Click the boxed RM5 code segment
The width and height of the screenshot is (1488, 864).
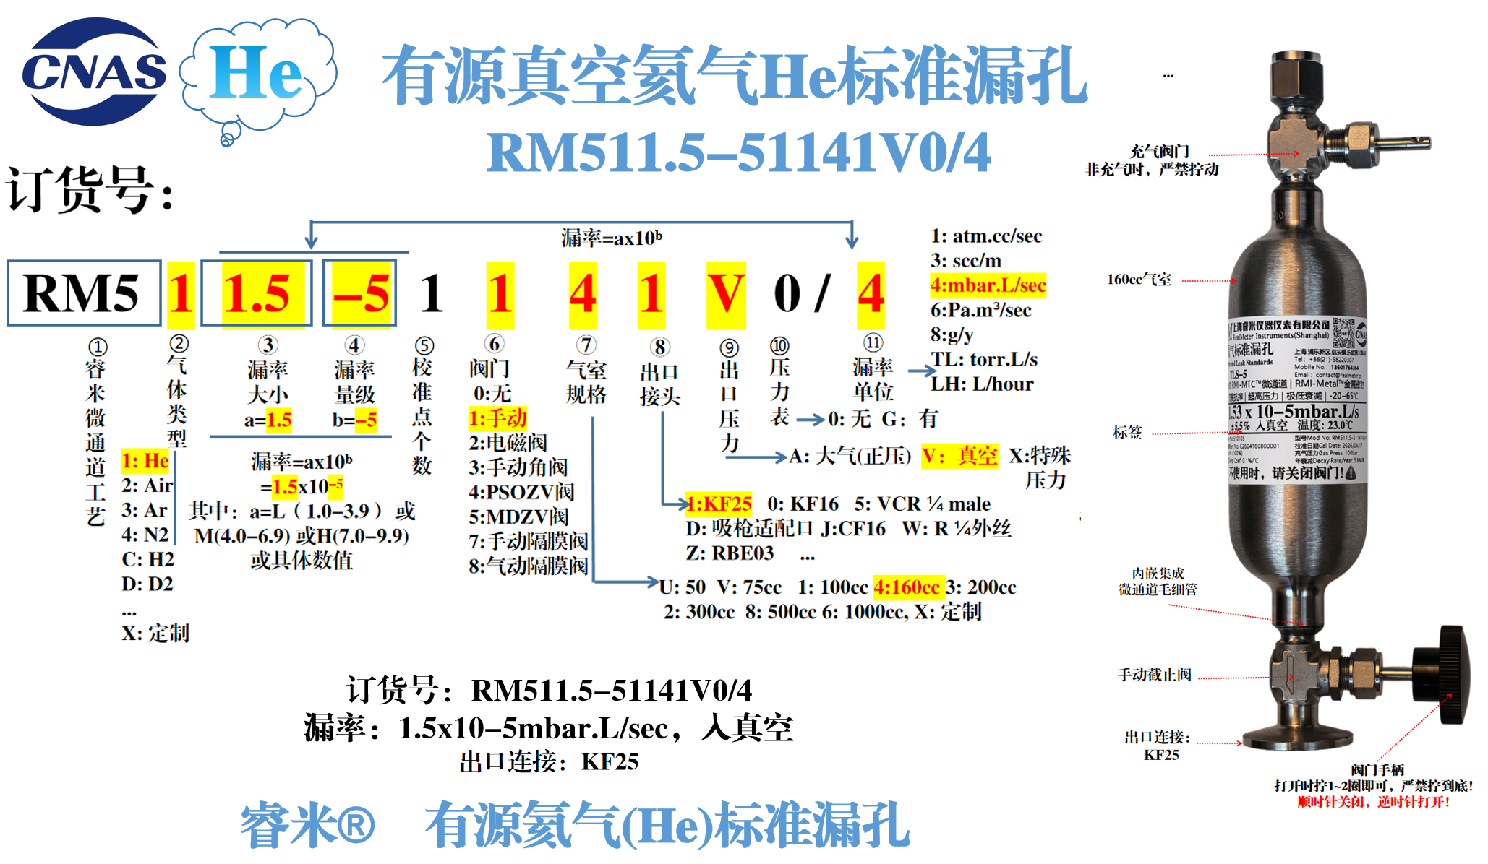point(83,293)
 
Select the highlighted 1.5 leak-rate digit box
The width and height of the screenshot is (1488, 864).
point(257,293)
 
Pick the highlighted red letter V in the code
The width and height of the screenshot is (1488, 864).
point(725,293)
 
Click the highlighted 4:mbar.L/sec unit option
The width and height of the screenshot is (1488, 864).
point(988,285)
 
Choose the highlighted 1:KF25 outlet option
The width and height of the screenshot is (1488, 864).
point(719,504)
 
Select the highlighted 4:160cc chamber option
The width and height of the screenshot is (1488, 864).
point(908,587)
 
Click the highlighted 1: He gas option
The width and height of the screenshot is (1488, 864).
point(145,461)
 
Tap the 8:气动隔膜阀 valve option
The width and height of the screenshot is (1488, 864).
point(528,566)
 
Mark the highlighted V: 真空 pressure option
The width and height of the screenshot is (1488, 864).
point(959,456)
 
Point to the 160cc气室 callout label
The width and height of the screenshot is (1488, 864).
point(1139,280)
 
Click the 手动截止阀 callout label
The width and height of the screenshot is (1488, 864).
point(1154,675)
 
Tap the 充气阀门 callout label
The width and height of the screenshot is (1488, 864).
point(1159,152)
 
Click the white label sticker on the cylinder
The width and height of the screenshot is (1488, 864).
point(1296,401)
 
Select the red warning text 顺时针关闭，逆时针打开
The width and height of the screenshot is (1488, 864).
point(1373,802)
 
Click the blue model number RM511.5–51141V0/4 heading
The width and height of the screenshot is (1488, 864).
point(737,153)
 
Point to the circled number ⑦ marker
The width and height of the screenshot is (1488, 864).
point(586,345)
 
